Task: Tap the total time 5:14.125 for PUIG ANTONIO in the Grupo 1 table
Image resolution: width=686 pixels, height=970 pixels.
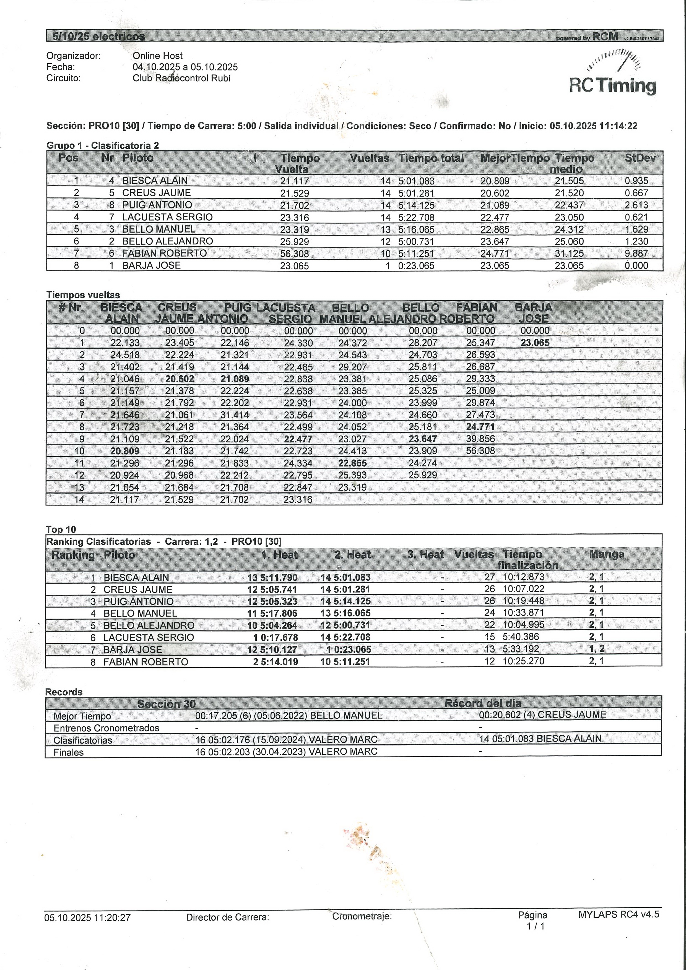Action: coord(416,205)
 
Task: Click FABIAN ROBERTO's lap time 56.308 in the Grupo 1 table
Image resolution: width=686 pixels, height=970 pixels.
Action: coord(295,254)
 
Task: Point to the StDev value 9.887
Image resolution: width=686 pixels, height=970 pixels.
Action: coord(636,254)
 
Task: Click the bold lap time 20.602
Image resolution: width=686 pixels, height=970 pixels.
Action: coord(180,379)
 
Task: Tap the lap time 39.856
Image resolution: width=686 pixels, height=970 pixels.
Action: coord(480,439)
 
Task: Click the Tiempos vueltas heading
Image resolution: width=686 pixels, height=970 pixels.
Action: coord(83,295)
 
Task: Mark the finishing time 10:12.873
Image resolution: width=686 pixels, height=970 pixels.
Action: coord(524,577)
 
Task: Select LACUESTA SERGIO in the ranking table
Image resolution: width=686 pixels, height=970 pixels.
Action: coord(149,638)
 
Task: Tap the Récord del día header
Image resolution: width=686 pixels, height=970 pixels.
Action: coord(483,703)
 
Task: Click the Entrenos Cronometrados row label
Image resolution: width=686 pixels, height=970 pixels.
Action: coord(106,728)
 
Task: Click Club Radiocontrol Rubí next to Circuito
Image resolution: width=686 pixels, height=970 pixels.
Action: coord(182,78)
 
